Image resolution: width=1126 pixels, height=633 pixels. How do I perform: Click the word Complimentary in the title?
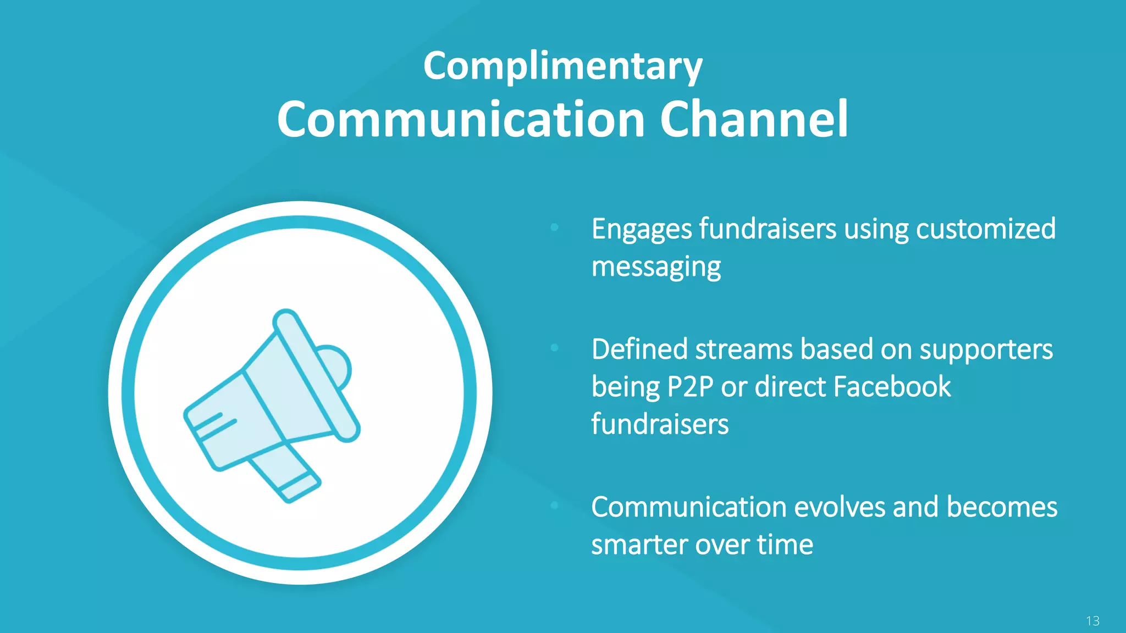tap(562, 66)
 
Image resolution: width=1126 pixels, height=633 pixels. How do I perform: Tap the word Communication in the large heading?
tap(461, 119)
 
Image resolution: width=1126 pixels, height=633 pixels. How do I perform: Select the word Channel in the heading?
tap(754, 119)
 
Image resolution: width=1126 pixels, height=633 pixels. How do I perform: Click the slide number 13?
tap(1092, 621)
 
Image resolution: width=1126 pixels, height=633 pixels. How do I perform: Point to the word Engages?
tap(641, 230)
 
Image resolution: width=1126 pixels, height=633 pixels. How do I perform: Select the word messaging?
tap(656, 268)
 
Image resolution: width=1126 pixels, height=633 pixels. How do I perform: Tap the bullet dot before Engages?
tap(554, 227)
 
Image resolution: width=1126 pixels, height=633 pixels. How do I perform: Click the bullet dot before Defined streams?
tap(554, 347)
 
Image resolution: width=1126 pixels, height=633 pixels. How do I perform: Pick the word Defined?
tap(639, 349)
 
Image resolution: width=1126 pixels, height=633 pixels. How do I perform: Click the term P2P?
tap(690, 387)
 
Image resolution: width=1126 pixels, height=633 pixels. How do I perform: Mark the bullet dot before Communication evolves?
tap(554, 505)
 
